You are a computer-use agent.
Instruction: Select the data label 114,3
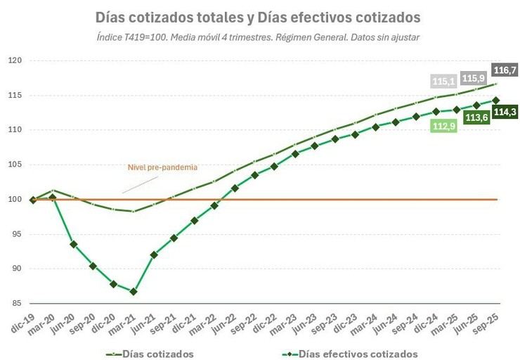[x=503, y=111]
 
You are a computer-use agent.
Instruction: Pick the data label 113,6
[x=476, y=117]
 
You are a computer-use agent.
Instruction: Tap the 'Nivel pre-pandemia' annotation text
[x=162, y=167]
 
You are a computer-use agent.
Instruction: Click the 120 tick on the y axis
[x=15, y=61]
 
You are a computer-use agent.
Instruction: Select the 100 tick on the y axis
[x=15, y=200]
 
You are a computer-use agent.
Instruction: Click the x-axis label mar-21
[x=126, y=322]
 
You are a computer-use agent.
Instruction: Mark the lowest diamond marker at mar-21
[x=134, y=292]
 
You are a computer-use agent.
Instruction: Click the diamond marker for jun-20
[x=73, y=244]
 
